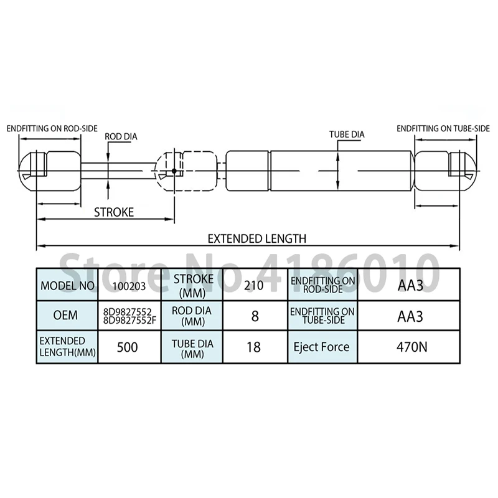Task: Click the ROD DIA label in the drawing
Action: click(x=121, y=136)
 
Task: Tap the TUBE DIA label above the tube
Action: click(x=347, y=134)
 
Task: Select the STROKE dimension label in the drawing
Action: click(x=114, y=212)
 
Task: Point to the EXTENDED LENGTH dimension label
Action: click(x=257, y=238)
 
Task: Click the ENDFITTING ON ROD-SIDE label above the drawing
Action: click(x=52, y=129)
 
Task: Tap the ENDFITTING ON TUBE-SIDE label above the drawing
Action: click(x=443, y=129)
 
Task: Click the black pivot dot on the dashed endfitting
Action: click(x=174, y=171)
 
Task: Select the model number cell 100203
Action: click(x=129, y=286)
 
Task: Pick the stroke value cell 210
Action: click(x=254, y=286)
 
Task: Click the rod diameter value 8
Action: click(x=255, y=316)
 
